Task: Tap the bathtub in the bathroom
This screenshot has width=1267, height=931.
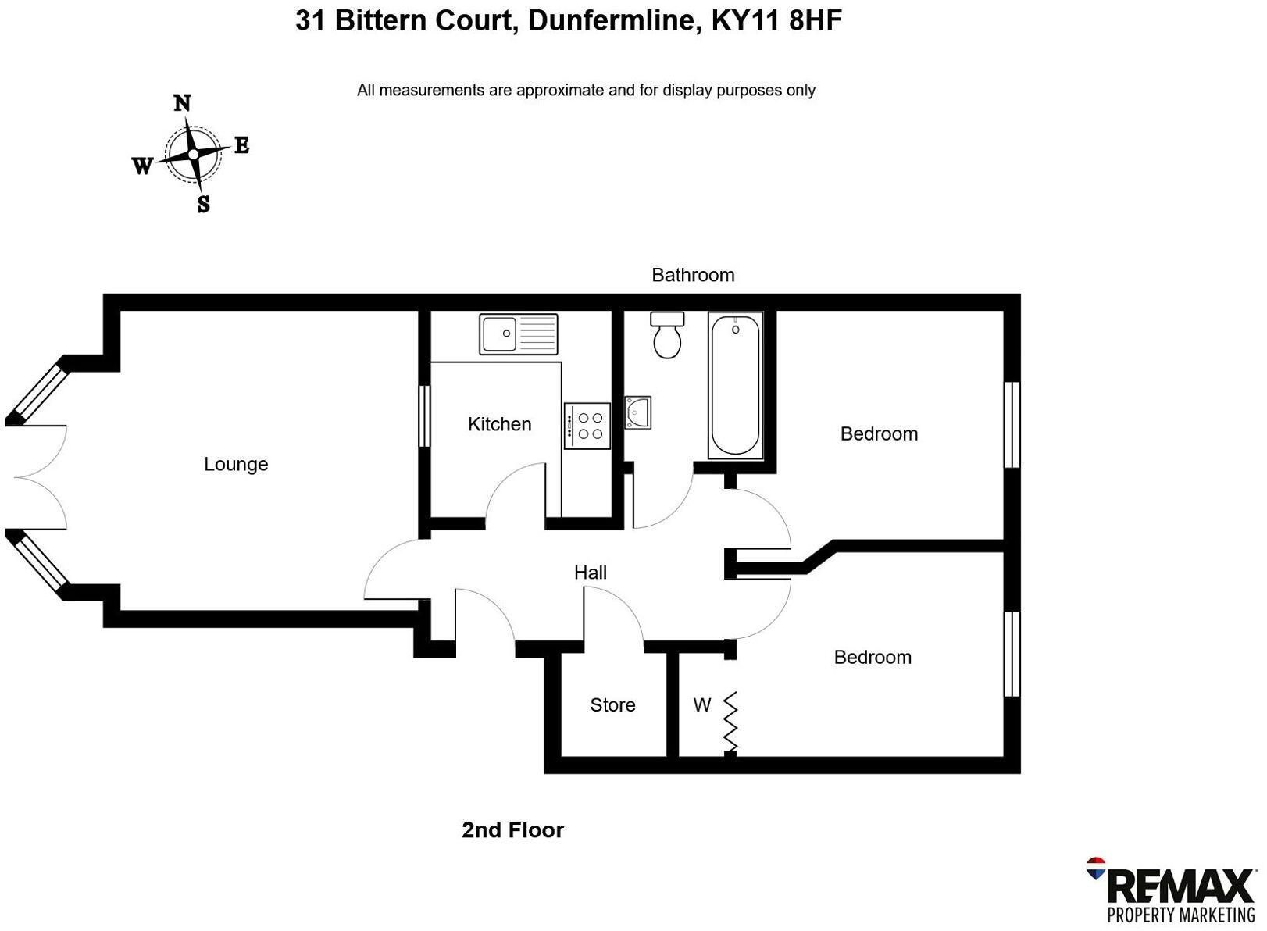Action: click(x=735, y=384)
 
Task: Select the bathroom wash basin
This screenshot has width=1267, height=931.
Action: click(x=637, y=412)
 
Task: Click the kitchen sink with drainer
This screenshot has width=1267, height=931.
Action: click(x=519, y=334)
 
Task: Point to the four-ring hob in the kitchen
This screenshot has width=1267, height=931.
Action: click(x=587, y=426)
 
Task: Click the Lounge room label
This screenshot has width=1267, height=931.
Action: click(x=236, y=464)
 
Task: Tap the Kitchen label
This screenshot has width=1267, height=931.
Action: click(x=499, y=424)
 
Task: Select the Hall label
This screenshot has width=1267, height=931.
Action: click(x=591, y=573)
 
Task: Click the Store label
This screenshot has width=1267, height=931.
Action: click(x=612, y=705)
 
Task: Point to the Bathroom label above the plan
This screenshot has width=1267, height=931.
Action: click(x=693, y=275)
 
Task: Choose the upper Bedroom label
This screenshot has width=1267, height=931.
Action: click(x=879, y=433)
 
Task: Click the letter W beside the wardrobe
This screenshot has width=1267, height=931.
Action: click(x=701, y=705)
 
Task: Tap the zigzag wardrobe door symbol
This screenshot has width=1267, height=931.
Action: click(x=731, y=721)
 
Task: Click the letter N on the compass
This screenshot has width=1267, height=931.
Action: click(x=182, y=103)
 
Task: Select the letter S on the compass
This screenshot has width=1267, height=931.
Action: click(x=203, y=205)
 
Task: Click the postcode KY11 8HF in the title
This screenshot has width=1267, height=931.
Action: click(x=776, y=21)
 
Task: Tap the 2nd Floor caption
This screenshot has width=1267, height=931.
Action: click(x=512, y=829)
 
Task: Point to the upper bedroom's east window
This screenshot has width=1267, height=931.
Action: click(x=1012, y=424)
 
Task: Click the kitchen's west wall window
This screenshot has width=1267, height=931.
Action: click(x=424, y=416)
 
